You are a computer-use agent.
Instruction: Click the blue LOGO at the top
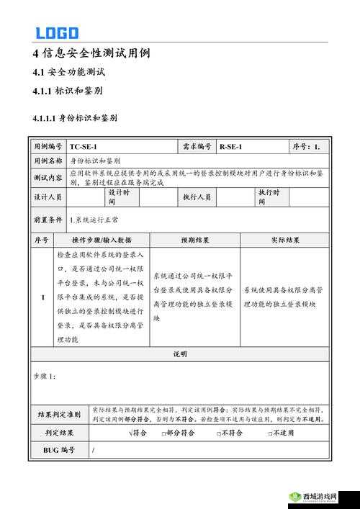coord(57,32)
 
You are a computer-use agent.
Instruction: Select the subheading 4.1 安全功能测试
coord(70,72)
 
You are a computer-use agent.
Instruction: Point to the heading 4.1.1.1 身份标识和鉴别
coord(75,117)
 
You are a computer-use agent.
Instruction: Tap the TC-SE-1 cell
coord(84,147)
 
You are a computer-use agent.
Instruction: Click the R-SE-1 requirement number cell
coord(231,147)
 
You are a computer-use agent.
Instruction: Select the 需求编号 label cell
coord(197,147)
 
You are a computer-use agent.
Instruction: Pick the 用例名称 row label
coord(48,161)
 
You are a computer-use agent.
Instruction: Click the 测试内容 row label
coord(48,177)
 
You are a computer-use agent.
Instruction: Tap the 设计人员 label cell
coord(48,197)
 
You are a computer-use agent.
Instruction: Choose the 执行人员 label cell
coord(197,197)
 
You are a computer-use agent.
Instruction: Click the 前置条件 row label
coord(48,219)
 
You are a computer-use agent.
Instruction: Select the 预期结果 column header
coord(194,240)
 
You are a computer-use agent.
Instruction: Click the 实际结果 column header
coord(286,240)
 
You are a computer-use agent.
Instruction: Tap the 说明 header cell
coord(180,353)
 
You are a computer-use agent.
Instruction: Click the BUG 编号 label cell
coord(59,450)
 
